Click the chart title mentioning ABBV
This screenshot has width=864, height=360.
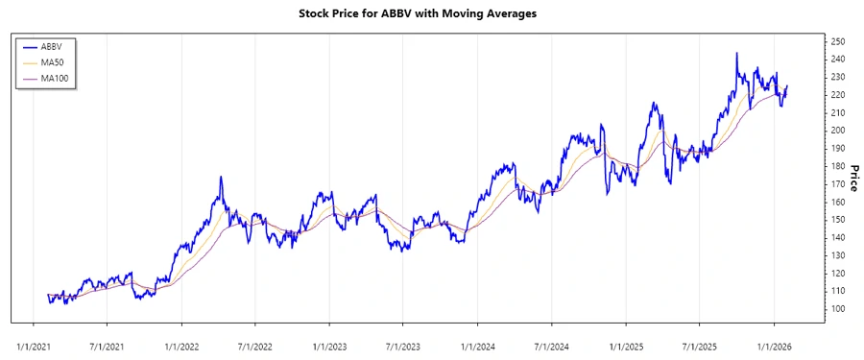click(x=431, y=14)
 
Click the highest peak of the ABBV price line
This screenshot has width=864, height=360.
click(x=736, y=54)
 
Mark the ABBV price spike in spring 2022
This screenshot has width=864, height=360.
click(x=221, y=177)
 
